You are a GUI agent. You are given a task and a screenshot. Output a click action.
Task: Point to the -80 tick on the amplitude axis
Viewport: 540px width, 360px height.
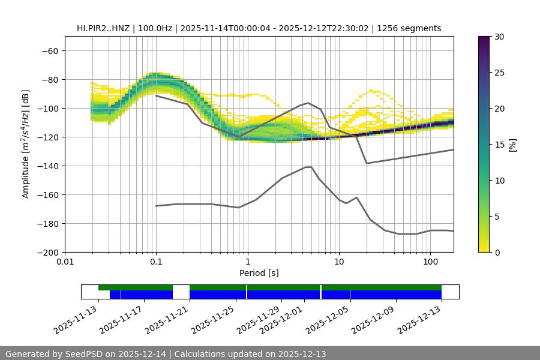(50, 79)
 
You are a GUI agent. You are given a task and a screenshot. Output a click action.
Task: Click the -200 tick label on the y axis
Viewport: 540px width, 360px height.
(47, 252)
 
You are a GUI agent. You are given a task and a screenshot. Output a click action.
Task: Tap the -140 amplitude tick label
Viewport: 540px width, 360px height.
(47, 166)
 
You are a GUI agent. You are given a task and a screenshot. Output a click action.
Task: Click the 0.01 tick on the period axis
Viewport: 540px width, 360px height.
(65, 262)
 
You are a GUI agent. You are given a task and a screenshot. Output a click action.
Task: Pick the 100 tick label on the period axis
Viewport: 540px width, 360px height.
(430, 262)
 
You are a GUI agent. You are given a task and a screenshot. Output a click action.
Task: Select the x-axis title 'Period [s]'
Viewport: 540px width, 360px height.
(259, 273)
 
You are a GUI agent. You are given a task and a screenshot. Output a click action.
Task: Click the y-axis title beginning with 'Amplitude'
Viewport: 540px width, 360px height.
(26, 144)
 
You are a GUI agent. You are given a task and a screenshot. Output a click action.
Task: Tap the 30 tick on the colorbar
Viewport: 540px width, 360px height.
(499, 37)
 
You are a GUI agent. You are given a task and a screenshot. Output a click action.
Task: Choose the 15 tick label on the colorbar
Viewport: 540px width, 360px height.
(499, 145)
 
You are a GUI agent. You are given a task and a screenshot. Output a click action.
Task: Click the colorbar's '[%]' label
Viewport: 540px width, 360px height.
(512, 145)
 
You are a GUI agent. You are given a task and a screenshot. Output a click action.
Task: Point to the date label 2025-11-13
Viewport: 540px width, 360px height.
(77, 318)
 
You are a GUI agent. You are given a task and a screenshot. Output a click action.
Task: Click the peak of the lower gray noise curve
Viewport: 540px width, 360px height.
(308, 167)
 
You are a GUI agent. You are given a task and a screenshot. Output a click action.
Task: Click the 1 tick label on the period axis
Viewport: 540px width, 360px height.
(247, 262)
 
